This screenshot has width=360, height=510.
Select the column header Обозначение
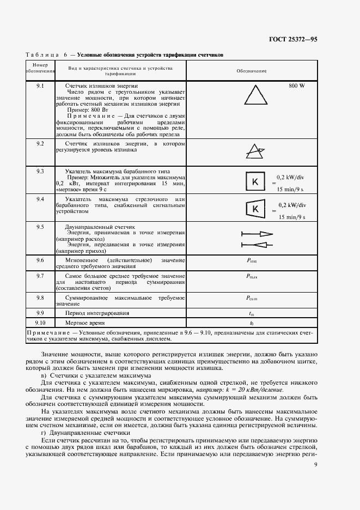(251, 71)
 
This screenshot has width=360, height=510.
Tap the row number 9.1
(40, 86)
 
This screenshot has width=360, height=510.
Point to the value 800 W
(297, 86)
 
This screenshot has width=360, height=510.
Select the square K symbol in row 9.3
(253, 183)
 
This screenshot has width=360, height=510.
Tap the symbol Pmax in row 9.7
(252, 277)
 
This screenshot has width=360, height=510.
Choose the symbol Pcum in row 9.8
(252, 297)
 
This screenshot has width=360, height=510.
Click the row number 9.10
(40, 323)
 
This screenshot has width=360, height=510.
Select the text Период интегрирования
(97, 313)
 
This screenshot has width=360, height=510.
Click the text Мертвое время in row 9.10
(86, 323)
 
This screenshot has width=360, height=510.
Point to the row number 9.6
(40, 260)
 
